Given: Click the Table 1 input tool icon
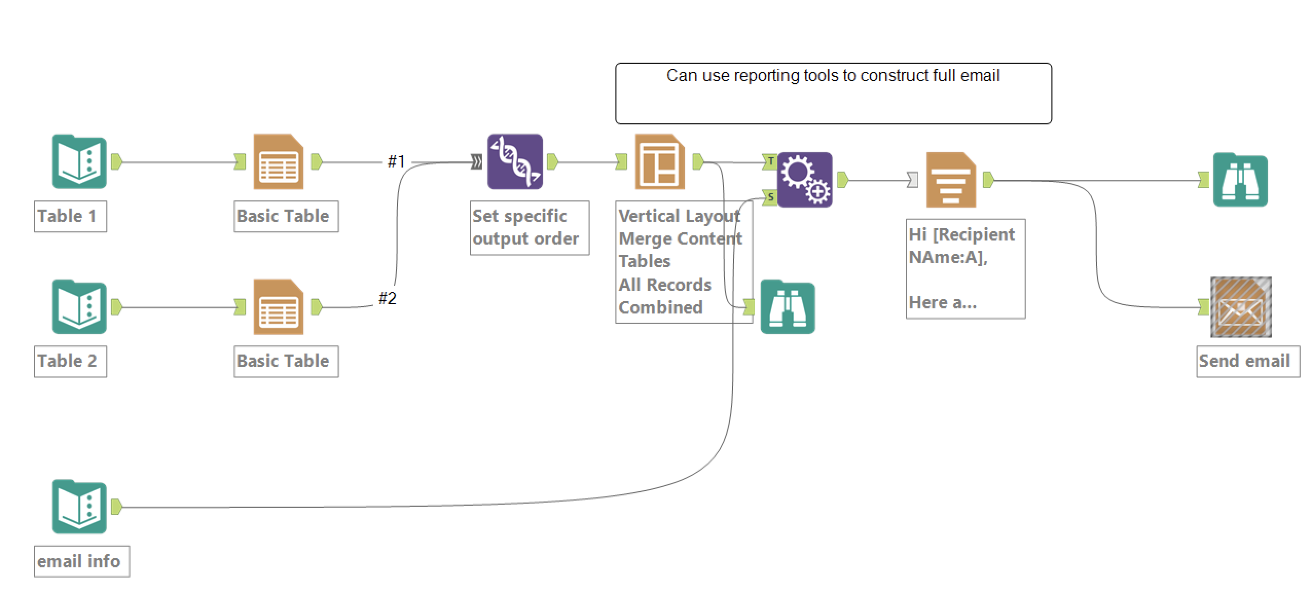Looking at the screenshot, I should (79, 162).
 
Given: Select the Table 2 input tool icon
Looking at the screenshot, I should (79, 307).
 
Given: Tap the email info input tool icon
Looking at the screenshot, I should (79, 507).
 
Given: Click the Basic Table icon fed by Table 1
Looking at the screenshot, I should (278, 162).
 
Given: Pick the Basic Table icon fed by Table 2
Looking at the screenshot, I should (278, 307).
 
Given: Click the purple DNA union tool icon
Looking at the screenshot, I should (515, 162).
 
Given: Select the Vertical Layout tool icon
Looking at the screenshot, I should (660, 162).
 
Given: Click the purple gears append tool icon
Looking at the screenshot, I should (805, 180).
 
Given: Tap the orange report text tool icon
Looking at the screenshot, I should (951, 180).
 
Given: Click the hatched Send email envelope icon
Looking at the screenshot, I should (1241, 307).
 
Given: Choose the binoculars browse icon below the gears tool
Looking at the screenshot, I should (787, 307).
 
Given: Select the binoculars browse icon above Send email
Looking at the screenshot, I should (1240, 180).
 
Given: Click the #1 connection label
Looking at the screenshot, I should (396, 162).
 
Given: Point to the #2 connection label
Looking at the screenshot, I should (387, 298).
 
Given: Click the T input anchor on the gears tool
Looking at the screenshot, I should (770, 161).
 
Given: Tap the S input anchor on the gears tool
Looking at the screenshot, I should (770, 197).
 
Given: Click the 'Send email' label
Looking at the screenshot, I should (1244, 361).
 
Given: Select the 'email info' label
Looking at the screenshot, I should (79, 561).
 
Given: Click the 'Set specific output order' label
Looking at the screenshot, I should (525, 227).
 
